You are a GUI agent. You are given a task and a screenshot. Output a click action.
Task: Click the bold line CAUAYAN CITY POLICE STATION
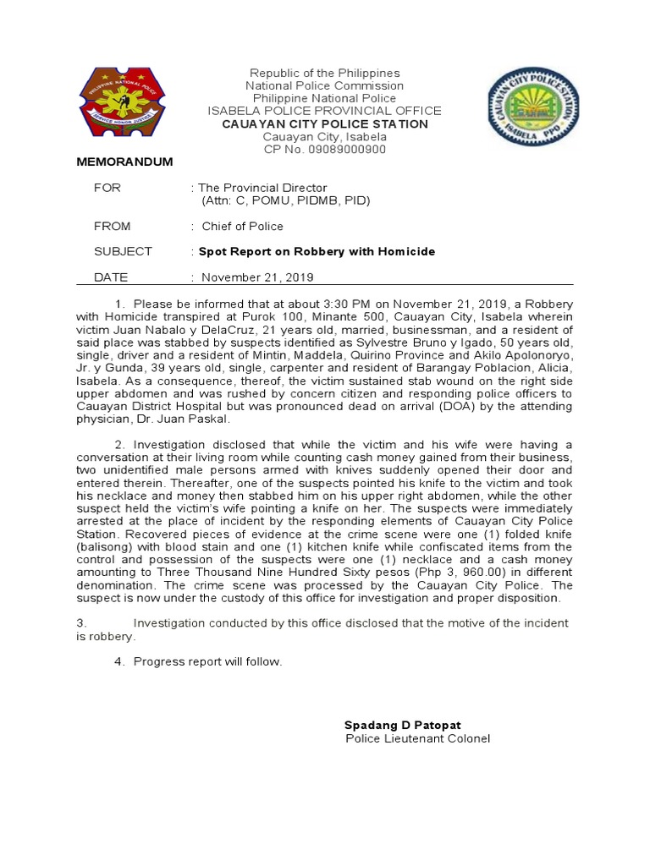(325, 124)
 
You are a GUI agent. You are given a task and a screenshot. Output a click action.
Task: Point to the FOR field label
(107, 188)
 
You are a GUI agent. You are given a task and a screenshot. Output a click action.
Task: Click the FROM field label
(113, 226)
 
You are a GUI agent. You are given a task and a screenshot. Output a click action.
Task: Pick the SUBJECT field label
(123, 251)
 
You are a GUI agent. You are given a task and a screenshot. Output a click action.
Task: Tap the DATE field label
(110, 277)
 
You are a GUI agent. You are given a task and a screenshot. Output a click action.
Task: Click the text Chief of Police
(242, 226)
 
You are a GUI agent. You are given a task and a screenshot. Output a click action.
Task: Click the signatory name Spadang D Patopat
(403, 725)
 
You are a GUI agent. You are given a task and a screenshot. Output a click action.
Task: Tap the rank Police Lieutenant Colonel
(418, 738)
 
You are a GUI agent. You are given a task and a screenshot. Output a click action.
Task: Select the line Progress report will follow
(207, 661)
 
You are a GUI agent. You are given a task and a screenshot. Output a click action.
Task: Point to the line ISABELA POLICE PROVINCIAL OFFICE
(325, 111)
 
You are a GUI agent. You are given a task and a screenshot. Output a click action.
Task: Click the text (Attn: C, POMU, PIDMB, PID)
(286, 200)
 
